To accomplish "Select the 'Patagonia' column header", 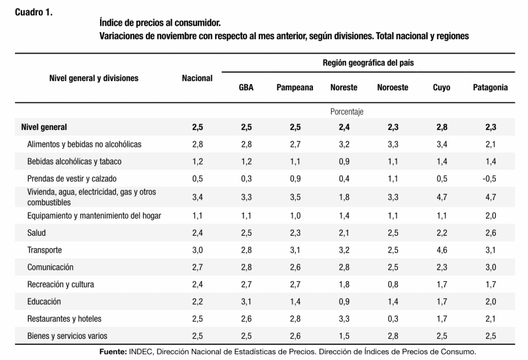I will [x=490, y=88].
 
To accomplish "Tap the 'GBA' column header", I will [x=246, y=88].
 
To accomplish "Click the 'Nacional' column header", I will [x=197, y=78].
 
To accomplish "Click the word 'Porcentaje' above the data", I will [x=346, y=111].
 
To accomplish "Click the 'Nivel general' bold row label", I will [x=44, y=127].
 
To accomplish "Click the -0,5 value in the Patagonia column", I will [x=490, y=179].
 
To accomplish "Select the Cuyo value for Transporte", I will [x=442, y=250].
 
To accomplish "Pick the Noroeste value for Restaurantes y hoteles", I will [x=392, y=318].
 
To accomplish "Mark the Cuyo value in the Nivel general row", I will [x=442, y=127].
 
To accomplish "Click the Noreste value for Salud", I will [x=344, y=233].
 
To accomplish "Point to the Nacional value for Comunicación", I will [x=197, y=267].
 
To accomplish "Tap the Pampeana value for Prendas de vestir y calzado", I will [x=294, y=179].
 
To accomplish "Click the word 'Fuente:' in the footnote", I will [x=112, y=352].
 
